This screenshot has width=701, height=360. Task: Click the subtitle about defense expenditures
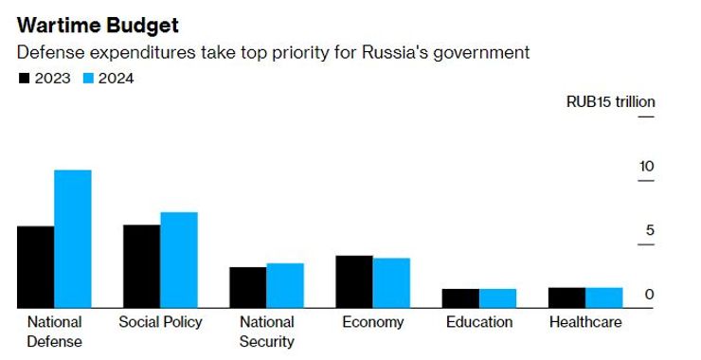click(x=274, y=53)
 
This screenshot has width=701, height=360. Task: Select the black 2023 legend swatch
click(x=25, y=79)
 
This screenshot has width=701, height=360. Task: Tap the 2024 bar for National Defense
click(x=72, y=239)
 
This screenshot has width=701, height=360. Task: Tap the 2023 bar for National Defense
click(x=36, y=267)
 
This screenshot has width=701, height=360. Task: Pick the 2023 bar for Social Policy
click(x=142, y=266)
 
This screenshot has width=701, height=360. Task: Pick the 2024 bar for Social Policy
click(x=179, y=260)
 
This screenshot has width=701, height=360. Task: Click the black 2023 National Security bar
click(x=248, y=287)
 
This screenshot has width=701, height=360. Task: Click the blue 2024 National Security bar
click(x=285, y=285)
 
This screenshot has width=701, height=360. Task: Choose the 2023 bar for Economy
click(x=354, y=281)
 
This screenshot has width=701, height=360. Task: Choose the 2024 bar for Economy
click(x=391, y=282)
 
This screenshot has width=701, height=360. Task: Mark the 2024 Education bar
click(x=497, y=298)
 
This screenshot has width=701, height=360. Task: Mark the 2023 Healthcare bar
click(x=567, y=297)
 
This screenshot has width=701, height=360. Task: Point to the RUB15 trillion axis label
click(x=610, y=102)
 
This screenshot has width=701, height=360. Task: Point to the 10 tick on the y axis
click(x=646, y=167)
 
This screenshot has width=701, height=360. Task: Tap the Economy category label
click(x=373, y=322)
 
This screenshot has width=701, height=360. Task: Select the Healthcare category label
click(x=585, y=322)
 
